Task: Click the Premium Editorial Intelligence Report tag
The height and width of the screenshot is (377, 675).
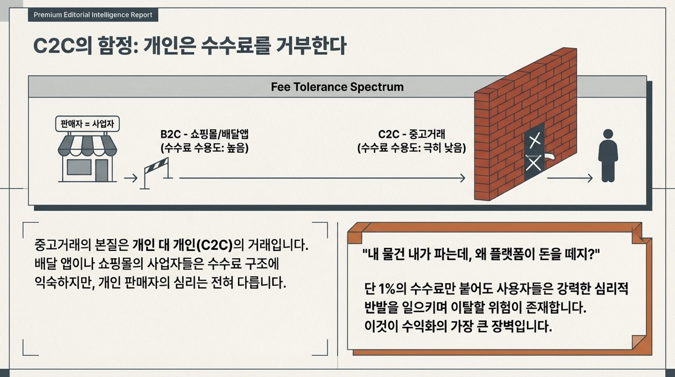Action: coord(93,15)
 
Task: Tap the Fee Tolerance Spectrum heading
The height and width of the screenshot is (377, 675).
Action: coord(337,87)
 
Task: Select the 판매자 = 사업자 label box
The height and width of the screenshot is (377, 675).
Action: coord(87,125)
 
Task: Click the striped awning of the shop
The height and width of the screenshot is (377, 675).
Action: coord(87,145)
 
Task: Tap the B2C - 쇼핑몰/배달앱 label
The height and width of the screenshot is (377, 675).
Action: coord(204,135)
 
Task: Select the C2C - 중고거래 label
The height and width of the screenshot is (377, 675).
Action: coord(411,135)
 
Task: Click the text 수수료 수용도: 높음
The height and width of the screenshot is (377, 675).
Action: coord(205,148)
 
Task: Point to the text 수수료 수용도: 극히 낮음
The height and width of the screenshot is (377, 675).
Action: coord(411,148)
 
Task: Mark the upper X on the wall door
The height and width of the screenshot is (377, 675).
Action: coord(535,140)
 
